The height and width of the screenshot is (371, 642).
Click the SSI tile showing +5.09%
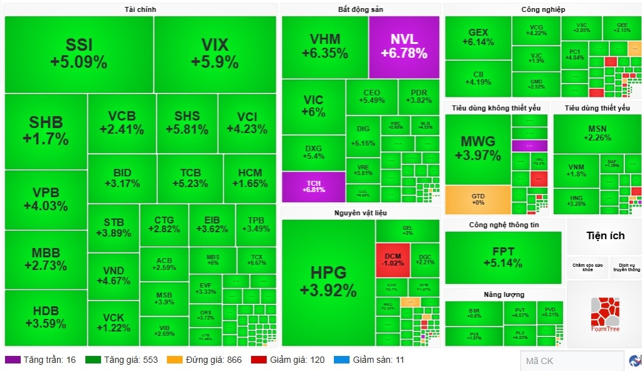pyautogui.click(x=78, y=54)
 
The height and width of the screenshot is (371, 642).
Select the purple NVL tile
pyautogui.click(x=404, y=46)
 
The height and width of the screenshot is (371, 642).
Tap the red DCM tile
pyautogui.click(x=393, y=260)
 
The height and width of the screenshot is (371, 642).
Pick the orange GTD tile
pyautogui.click(x=478, y=200)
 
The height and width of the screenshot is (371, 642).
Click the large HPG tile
pyautogui.click(x=328, y=281)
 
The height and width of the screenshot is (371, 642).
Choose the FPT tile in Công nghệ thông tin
pyautogui.click(x=503, y=256)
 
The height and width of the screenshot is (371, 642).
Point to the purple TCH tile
pyautogui.click(x=313, y=186)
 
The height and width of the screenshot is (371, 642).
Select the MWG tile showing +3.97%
pyautogui.click(x=478, y=148)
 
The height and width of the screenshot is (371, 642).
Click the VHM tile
pyautogui.click(x=324, y=46)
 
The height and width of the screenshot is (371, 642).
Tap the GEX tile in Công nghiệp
pyautogui.click(x=478, y=37)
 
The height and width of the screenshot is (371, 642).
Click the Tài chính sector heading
pyautogui.click(x=141, y=9)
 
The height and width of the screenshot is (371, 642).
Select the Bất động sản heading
pyautogui.click(x=360, y=9)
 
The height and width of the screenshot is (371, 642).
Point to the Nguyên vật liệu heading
pyautogui.click(x=360, y=213)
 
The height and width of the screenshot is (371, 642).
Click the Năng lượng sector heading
pyautogui.click(x=504, y=294)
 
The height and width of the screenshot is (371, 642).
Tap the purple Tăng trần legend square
pyautogui.click(x=13, y=360)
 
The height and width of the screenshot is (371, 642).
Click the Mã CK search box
pyautogui.click(x=571, y=361)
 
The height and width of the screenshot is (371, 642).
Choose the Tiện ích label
pyautogui.click(x=605, y=236)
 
